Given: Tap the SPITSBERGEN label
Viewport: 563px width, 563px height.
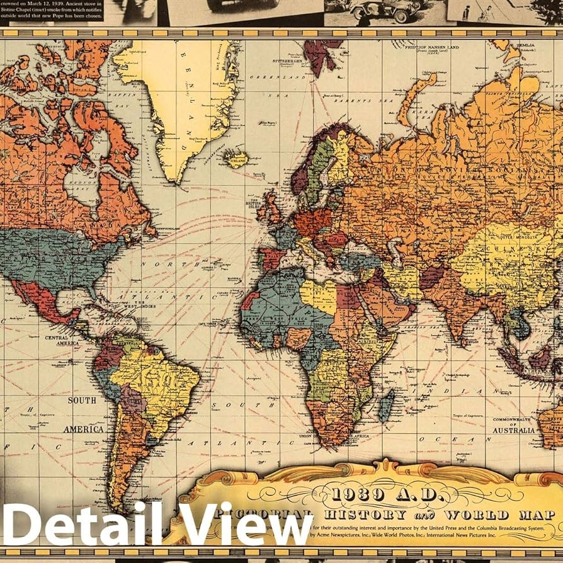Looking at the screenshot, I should point(287,61).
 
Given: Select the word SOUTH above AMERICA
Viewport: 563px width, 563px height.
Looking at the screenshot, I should point(82,401).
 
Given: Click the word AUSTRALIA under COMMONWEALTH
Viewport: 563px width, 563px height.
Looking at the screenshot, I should point(513,430).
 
